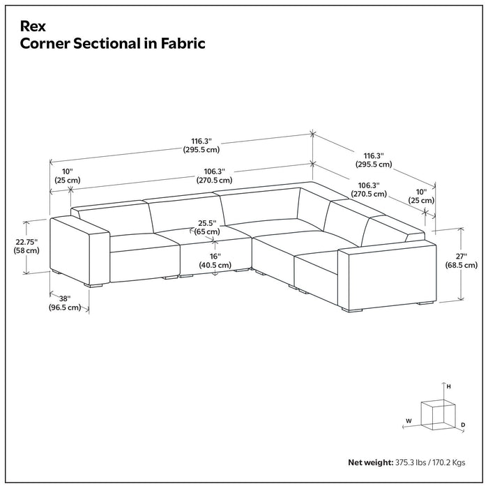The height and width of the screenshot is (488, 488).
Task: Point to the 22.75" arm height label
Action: coord(26,241)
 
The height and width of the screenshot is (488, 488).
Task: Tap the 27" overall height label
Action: coord(462,256)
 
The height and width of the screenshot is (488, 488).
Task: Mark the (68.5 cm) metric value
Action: coord(462,265)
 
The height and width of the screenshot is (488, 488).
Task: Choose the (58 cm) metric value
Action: coord(26,250)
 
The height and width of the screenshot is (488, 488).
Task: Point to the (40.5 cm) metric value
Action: coord(214,266)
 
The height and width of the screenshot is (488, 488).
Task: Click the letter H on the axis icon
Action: coord(449,386)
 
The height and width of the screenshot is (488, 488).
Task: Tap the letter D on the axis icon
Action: coord(463,424)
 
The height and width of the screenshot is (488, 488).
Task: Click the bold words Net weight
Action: coord(371,462)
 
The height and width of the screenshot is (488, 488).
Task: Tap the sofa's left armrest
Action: coord(79,247)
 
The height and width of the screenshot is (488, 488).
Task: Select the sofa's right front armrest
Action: coord(386,275)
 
